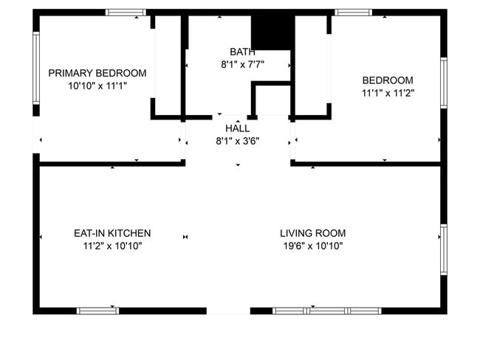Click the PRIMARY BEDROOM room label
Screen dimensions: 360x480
point(97,73)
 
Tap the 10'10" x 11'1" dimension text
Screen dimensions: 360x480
point(97,86)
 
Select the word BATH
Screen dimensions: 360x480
point(242,52)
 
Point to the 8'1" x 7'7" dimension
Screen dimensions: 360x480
point(242,64)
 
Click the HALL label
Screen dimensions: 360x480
point(237,128)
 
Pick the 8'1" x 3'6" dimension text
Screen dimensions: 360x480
point(237,141)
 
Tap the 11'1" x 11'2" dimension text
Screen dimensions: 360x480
point(387,93)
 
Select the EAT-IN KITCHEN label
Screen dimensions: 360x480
point(112,233)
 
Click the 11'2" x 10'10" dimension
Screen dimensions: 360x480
point(112,246)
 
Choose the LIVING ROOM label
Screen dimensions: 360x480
point(312,233)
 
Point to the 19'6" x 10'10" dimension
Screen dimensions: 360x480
point(312,246)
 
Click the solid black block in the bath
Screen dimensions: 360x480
point(272,31)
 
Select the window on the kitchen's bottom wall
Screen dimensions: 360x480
point(98,311)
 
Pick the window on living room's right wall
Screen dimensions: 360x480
point(443,249)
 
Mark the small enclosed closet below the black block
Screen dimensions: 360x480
point(272,100)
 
